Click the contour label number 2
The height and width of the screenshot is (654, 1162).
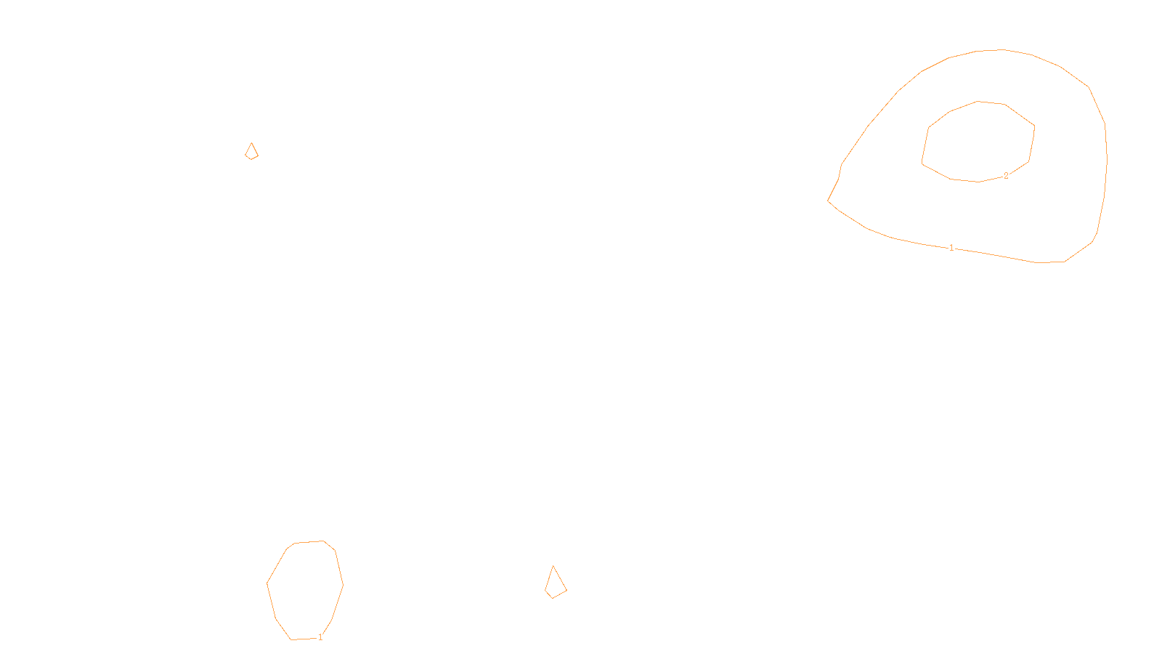pos(1006,176)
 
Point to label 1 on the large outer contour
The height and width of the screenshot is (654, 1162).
pos(951,248)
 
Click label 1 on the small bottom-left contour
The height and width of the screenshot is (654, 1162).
pos(320,637)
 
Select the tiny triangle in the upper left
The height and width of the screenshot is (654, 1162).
pos(251,152)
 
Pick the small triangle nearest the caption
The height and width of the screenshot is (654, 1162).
pos(555,584)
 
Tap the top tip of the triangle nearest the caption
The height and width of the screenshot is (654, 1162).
pos(553,566)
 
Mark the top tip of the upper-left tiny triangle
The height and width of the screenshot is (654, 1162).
pos(252,143)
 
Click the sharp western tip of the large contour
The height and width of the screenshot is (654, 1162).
pos(828,200)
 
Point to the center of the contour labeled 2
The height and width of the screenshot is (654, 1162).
pos(978,142)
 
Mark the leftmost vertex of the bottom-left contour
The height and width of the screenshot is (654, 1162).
pos(267,583)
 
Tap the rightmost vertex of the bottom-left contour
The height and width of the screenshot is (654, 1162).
pos(344,584)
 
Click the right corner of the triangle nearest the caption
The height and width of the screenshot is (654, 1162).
pos(566,590)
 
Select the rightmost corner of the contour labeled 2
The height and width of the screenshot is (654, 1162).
pos(1035,126)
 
